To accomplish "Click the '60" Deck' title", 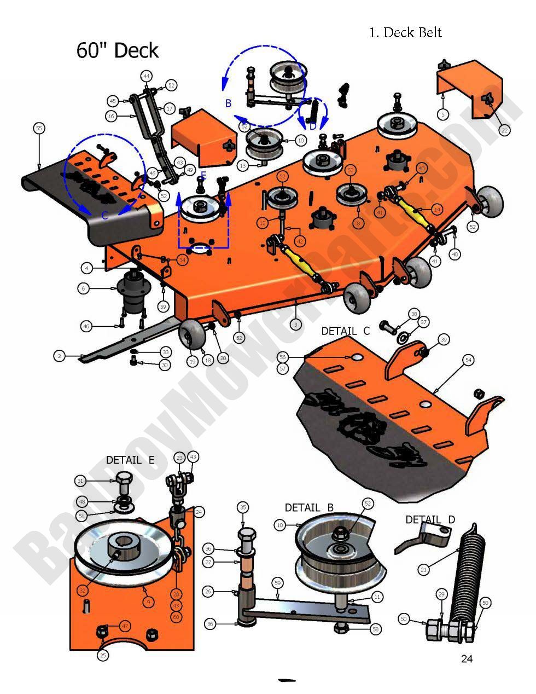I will click(x=118, y=50).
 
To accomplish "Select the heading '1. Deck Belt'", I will click(x=405, y=32).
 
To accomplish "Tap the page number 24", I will click(x=466, y=658).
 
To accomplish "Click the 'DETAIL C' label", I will click(x=345, y=331).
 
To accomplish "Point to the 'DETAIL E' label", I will click(x=130, y=460).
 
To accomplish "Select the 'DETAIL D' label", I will click(x=430, y=519).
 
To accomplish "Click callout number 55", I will click(x=38, y=128).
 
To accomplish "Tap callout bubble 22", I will click(x=504, y=130).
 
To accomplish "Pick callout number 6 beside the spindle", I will click(x=83, y=288).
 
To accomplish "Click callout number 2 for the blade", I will click(x=60, y=356).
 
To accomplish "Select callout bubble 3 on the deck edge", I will click(x=295, y=325).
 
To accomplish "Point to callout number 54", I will click(x=468, y=360).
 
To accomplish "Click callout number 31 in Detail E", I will click(x=81, y=481).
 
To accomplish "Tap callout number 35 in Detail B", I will click(x=243, y=507).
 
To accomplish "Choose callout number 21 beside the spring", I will click(x=423, y=570).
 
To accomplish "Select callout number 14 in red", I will click(x=436, y=209).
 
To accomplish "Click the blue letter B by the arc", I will click(x=229, y=102).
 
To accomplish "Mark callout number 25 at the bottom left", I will click(x=103, y=655).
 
